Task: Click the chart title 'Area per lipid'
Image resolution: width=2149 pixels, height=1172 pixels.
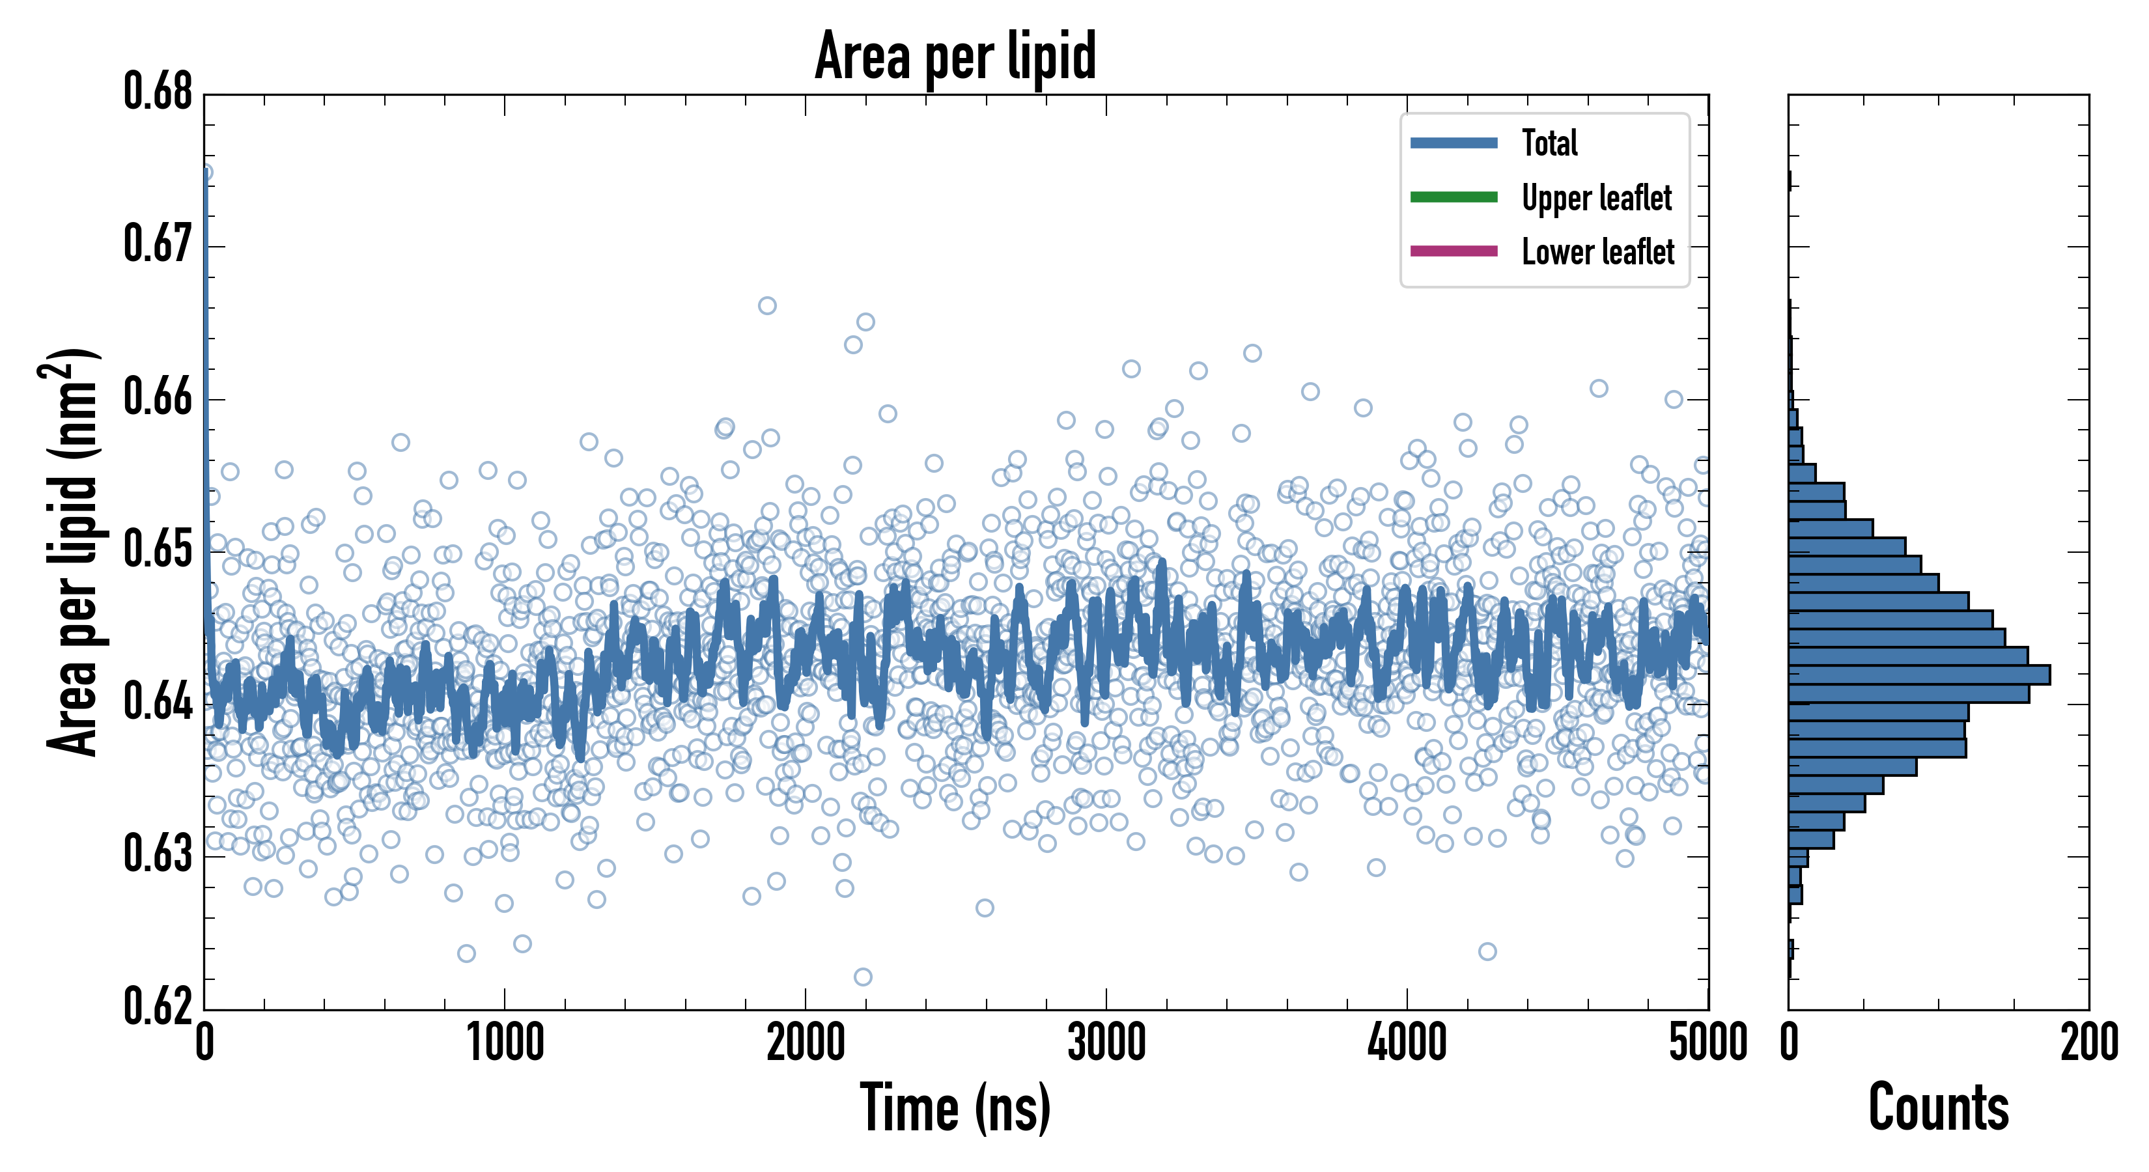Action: click(955, 56)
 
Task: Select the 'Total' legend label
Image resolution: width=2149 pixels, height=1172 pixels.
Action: click(1549, 143)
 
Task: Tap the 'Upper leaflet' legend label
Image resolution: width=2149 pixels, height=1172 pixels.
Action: click(1596, 198)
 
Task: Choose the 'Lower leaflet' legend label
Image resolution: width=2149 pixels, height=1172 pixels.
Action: click(1597, 252)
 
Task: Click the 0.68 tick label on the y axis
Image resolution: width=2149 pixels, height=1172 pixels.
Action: click(158, 92)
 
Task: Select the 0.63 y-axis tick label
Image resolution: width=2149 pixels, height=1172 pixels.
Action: click(158, 854)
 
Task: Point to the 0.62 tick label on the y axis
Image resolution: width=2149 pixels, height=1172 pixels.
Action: click(158, 1006)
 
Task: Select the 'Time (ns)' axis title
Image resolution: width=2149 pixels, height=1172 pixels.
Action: click(955, 1108)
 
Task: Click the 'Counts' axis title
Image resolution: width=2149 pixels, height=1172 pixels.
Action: click(1938, 1108)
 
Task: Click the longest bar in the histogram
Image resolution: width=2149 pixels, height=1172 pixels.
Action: click(1918, 675)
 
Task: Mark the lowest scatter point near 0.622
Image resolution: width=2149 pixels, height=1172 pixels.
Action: click(863, 977)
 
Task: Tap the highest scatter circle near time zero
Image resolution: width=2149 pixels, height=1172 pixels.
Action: click(205, 173)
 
